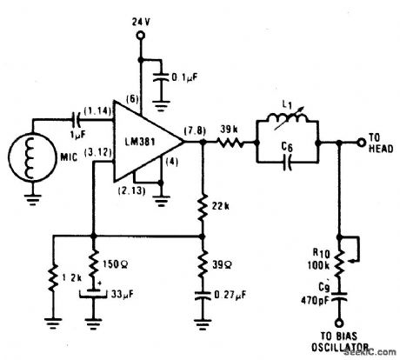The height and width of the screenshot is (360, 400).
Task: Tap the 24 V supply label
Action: [141, 18]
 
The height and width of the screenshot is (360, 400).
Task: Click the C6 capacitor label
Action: [288, 150]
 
